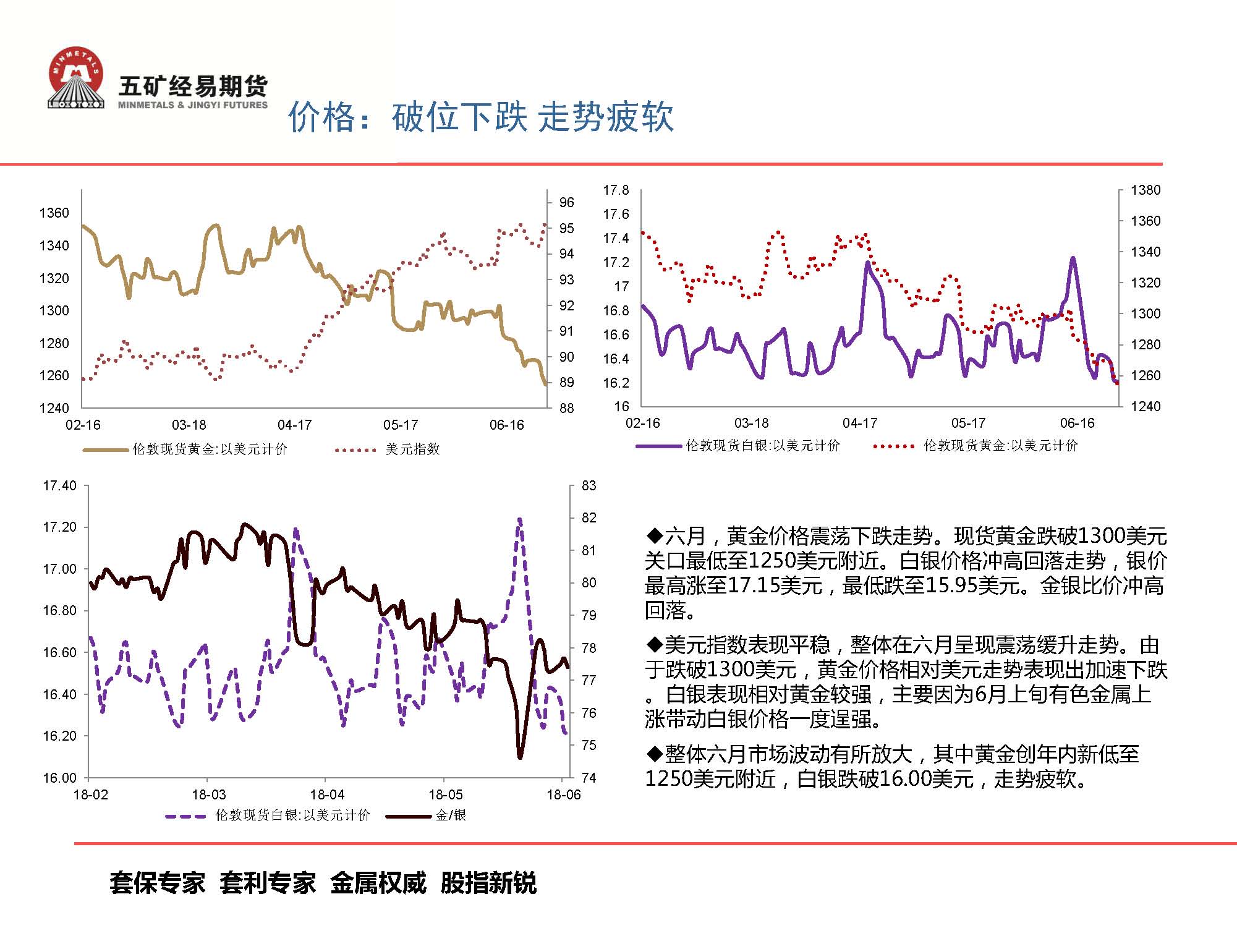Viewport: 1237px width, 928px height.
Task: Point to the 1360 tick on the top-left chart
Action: coord(54,213)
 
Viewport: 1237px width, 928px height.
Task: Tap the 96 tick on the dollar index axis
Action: coord(566,203)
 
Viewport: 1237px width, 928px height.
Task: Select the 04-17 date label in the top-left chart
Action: coord(294,425)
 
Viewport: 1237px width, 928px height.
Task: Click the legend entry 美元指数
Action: coord(412,449)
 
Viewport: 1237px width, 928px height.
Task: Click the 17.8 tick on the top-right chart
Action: coord(616,190)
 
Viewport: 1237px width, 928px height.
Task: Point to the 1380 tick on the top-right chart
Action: coord(1145,190)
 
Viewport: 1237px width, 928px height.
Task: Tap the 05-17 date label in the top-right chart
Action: coord(968,424)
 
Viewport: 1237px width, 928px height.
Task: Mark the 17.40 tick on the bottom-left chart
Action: coord(59,486)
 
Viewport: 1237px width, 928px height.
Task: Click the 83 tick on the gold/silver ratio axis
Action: coord(589,486)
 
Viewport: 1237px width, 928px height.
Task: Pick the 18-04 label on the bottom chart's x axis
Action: coord(327,795)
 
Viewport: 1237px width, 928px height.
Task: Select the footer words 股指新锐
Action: coord(488,883)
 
